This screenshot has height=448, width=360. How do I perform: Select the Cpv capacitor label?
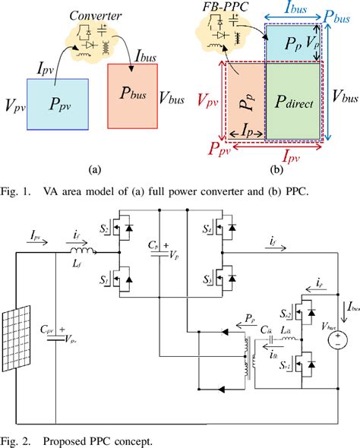pyautogui.click(x=46, y=331)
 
